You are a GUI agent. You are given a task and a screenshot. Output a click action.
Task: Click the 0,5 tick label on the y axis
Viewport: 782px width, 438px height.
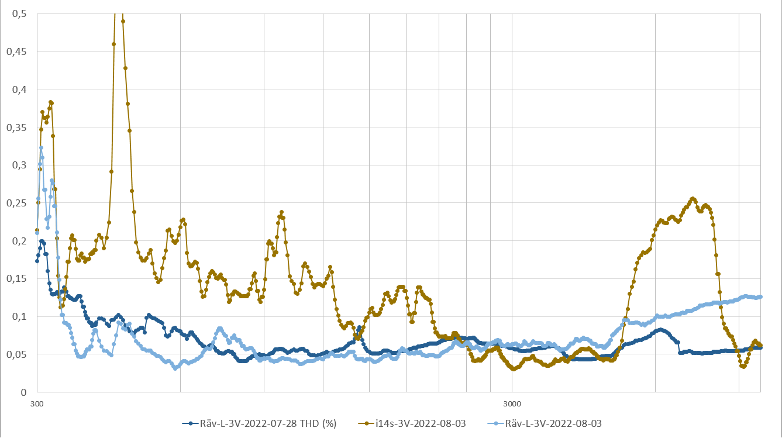pos(19,13)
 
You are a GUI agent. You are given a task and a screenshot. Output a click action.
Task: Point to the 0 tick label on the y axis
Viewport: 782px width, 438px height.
pos(24,392)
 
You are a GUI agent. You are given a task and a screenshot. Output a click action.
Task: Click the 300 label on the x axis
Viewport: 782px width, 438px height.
pos(37,403)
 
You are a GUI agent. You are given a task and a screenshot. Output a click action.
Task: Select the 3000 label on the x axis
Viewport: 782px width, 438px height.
pos(512,403)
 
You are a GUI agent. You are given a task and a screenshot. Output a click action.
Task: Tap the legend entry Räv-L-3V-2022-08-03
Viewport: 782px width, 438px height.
pos(553,423)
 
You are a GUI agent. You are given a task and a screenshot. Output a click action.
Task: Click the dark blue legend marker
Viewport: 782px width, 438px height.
pos(190,423)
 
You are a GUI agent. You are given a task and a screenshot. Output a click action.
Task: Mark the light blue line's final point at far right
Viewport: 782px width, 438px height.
pos(760,296)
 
